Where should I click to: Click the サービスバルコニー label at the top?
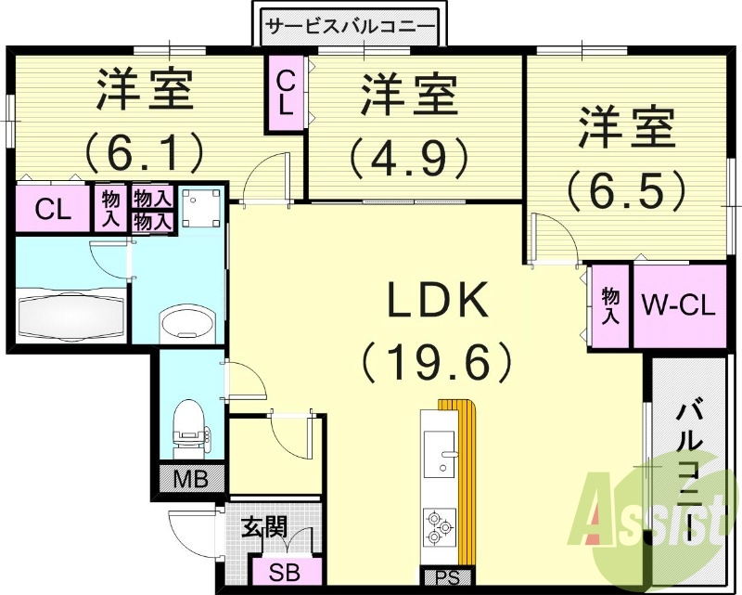350,26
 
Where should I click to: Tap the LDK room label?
437,301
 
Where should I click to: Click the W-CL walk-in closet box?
679,306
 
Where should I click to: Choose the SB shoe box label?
284,571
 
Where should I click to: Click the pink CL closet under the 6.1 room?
52,209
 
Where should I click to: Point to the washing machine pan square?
201,206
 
